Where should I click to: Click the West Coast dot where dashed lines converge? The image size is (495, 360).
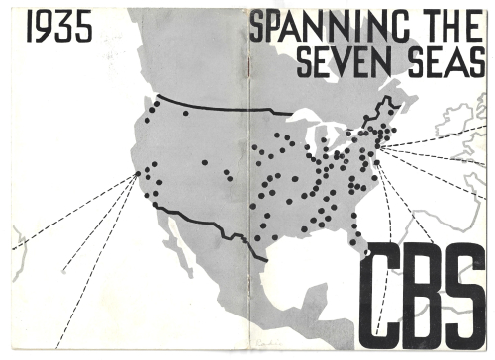(136, 175)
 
